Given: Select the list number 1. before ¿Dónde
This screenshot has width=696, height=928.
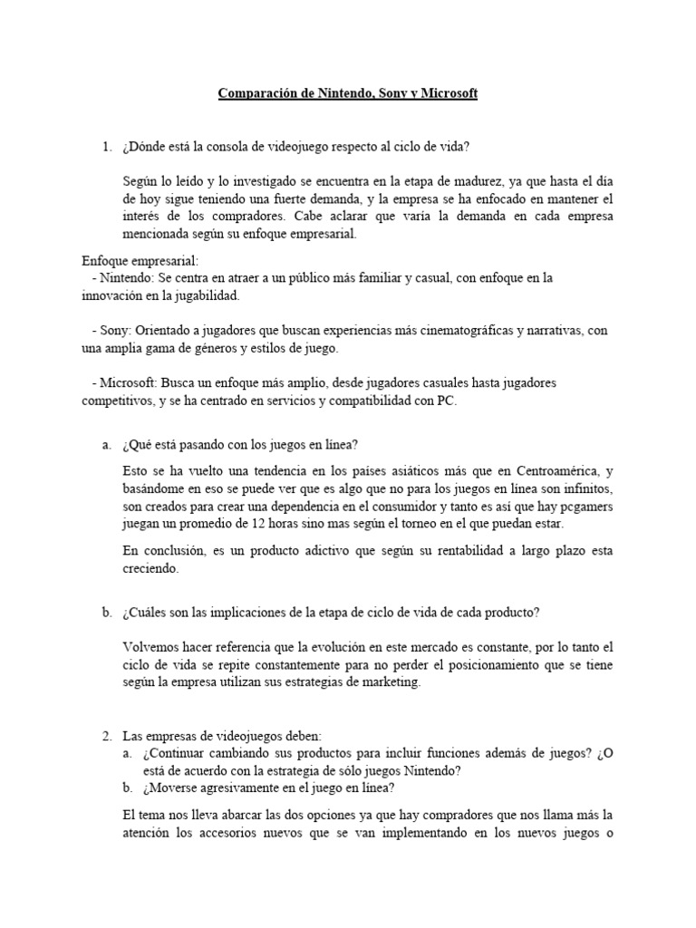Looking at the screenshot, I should coord(108,147).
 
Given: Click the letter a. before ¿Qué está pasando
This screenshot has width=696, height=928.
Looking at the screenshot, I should coord(107,444).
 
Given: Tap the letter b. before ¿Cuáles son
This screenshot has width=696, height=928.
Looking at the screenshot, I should coord(107,612).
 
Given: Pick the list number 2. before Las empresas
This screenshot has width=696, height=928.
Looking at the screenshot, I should coord(108,735).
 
